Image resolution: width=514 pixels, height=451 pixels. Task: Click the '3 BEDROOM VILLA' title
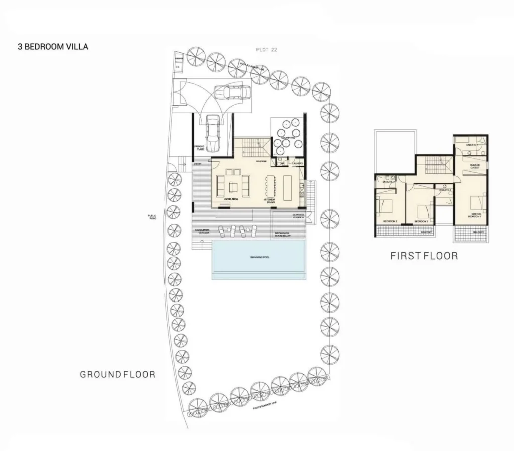tap(53, 47)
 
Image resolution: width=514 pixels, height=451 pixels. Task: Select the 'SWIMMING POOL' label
tap(260, 257)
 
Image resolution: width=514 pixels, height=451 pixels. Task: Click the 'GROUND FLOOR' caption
tap(117, 374)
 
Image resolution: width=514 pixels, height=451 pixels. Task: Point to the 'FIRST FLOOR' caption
tap(424, 256)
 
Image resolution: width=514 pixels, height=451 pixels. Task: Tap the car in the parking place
tap(213, 132)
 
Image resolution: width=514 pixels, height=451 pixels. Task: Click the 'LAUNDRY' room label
tap(297, 163)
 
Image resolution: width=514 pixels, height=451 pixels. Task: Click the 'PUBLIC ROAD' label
tap(152, 218)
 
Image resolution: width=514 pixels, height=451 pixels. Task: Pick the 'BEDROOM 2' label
tap(391, 221)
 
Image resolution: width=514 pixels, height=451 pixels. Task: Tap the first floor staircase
tap(435, 164)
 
